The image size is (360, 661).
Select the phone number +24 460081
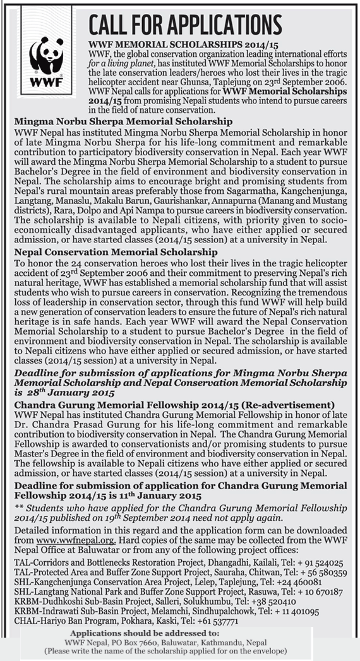pyautogui.click(x=294, y=581)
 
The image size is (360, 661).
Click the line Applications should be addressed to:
pyautogui.click(x=145, y=633)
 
